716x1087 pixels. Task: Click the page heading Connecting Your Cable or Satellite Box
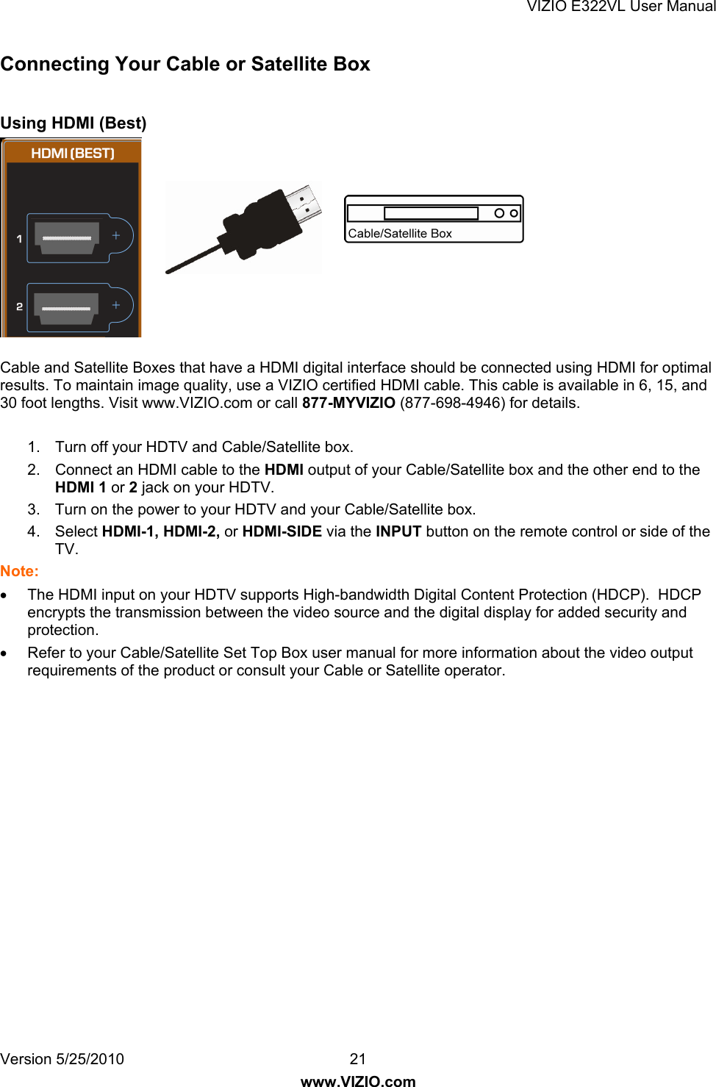185,64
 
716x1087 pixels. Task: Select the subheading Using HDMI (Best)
74,123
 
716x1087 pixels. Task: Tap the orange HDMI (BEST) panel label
73,153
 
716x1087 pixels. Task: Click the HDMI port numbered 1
68,238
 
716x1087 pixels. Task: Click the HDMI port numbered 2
67,306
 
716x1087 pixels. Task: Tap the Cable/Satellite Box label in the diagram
400,234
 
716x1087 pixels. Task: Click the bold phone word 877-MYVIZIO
348,403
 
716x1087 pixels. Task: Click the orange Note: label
19,571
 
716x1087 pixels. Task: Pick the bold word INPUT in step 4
398,531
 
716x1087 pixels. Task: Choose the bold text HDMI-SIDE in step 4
282,531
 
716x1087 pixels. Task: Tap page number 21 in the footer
358,1059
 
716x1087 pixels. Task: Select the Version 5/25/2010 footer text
62,1059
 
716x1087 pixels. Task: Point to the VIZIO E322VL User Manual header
620,7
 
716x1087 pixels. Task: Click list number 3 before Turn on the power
33,509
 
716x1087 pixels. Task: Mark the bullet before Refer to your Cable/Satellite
5,653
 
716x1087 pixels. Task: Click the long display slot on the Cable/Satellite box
431,213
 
